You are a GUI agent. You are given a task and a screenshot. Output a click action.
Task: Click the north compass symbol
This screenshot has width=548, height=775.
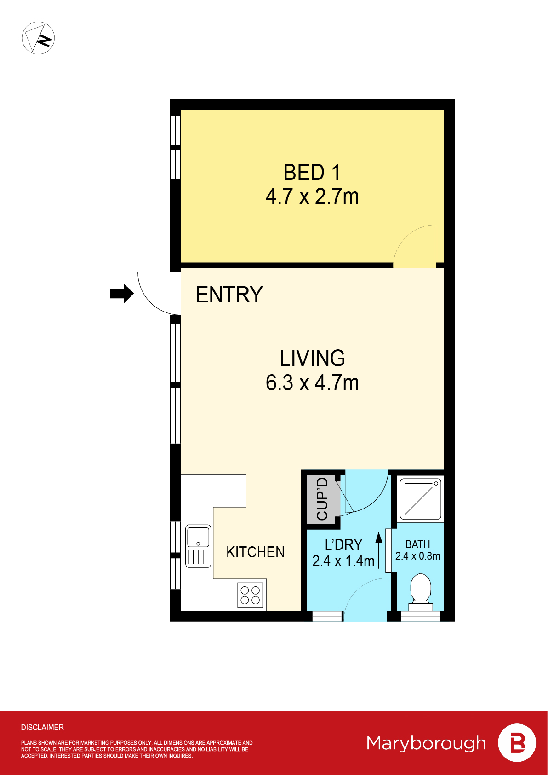[39, 38]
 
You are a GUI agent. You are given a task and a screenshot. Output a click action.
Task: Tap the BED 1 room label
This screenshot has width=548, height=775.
[312, 173]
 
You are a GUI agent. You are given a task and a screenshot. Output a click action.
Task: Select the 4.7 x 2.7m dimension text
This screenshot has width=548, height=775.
[312, 197]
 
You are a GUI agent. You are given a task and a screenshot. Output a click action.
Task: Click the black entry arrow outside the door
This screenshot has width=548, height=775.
[121, 293]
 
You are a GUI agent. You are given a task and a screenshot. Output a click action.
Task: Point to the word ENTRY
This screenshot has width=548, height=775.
[229, 295]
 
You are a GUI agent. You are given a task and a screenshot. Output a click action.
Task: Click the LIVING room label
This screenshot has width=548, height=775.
[312, 358]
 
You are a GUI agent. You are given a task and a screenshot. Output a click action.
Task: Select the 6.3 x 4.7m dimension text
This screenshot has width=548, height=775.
[312, 383]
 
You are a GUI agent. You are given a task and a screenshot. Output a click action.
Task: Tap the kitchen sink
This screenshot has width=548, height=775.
[198, 546]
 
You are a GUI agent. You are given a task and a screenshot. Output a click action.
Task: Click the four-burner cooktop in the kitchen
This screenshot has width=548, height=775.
[251, 595]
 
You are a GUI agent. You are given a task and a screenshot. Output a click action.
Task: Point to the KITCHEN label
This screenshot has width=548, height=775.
[255, 552]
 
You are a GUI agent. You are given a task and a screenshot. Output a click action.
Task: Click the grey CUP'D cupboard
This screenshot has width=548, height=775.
[323, 499]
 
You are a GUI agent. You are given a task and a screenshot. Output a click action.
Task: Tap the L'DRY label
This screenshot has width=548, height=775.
[343, 545]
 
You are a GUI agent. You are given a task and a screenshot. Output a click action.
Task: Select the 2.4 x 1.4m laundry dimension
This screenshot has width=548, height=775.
[343, 561]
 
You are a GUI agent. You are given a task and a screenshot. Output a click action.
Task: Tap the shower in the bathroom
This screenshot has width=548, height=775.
[420, 498]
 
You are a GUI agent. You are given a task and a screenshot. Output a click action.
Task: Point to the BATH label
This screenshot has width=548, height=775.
[417, 544]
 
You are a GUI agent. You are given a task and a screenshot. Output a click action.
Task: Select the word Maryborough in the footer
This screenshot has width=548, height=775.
[426, 743]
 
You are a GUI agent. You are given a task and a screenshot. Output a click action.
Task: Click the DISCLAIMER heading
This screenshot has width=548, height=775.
[42, 727]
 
